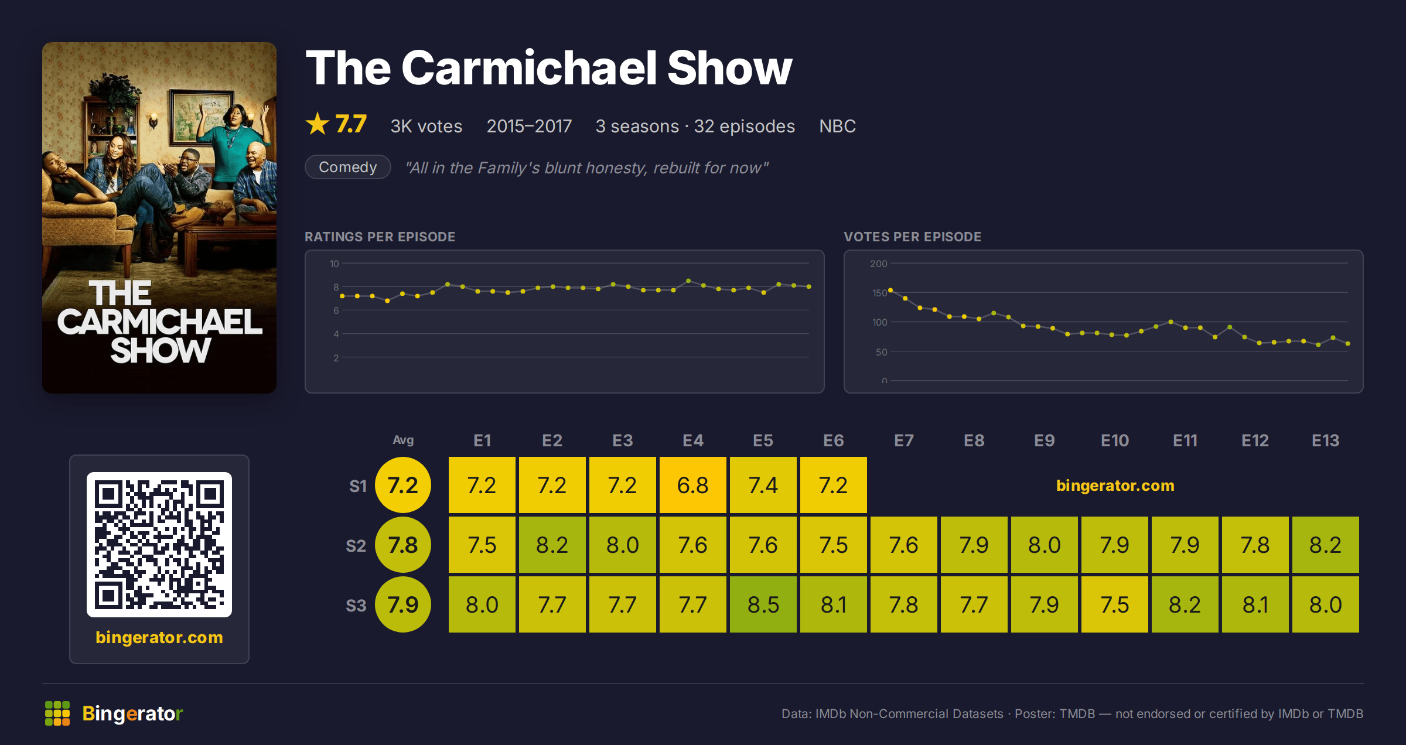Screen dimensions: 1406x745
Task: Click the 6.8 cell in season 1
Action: [692, 485]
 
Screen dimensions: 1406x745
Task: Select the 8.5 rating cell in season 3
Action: [763, 604]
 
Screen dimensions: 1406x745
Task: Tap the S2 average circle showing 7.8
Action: [403, 545]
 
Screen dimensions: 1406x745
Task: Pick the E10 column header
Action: [1114, 440]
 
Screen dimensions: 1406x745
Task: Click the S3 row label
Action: [356, 606]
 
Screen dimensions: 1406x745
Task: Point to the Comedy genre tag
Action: [348, 167]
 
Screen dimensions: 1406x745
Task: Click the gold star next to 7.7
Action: [318, 124]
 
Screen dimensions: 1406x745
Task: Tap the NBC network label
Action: [837, 126]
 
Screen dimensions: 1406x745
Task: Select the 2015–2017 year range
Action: [529, 126]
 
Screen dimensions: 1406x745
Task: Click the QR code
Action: [159, 545]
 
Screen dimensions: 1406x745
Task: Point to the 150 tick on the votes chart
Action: [879, 293]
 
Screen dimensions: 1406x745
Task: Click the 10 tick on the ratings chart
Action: [335, 264]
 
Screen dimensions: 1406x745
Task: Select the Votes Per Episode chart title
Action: [912, 237]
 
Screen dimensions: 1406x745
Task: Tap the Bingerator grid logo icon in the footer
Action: [57, 713]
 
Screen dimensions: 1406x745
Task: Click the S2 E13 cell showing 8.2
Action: [1325, 545]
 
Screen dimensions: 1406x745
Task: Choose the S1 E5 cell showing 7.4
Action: [763, 485]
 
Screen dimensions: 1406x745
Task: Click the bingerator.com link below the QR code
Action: [159, 637]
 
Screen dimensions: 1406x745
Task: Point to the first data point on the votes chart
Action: [890, 290]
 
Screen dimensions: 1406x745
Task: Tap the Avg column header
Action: [403, 440]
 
